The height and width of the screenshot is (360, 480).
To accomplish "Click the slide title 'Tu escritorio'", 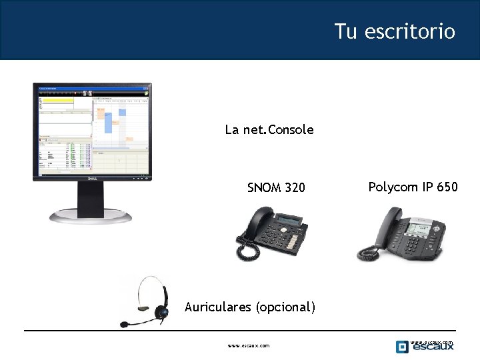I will coord(395,31).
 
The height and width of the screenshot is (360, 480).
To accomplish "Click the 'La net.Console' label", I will coord(269,129).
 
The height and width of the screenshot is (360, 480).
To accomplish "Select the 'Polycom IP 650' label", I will coord(413,187).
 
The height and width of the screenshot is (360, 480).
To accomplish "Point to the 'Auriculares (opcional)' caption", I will coord(249,307).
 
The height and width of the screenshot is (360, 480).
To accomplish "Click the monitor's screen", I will coord(93,130).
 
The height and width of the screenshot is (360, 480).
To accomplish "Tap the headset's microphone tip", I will coord(124,325).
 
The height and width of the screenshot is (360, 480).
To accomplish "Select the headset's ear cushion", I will coord(160,311).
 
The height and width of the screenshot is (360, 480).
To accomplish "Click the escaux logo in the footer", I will coord(425,346).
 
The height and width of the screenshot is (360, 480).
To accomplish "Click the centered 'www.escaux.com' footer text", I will coord(248,346).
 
